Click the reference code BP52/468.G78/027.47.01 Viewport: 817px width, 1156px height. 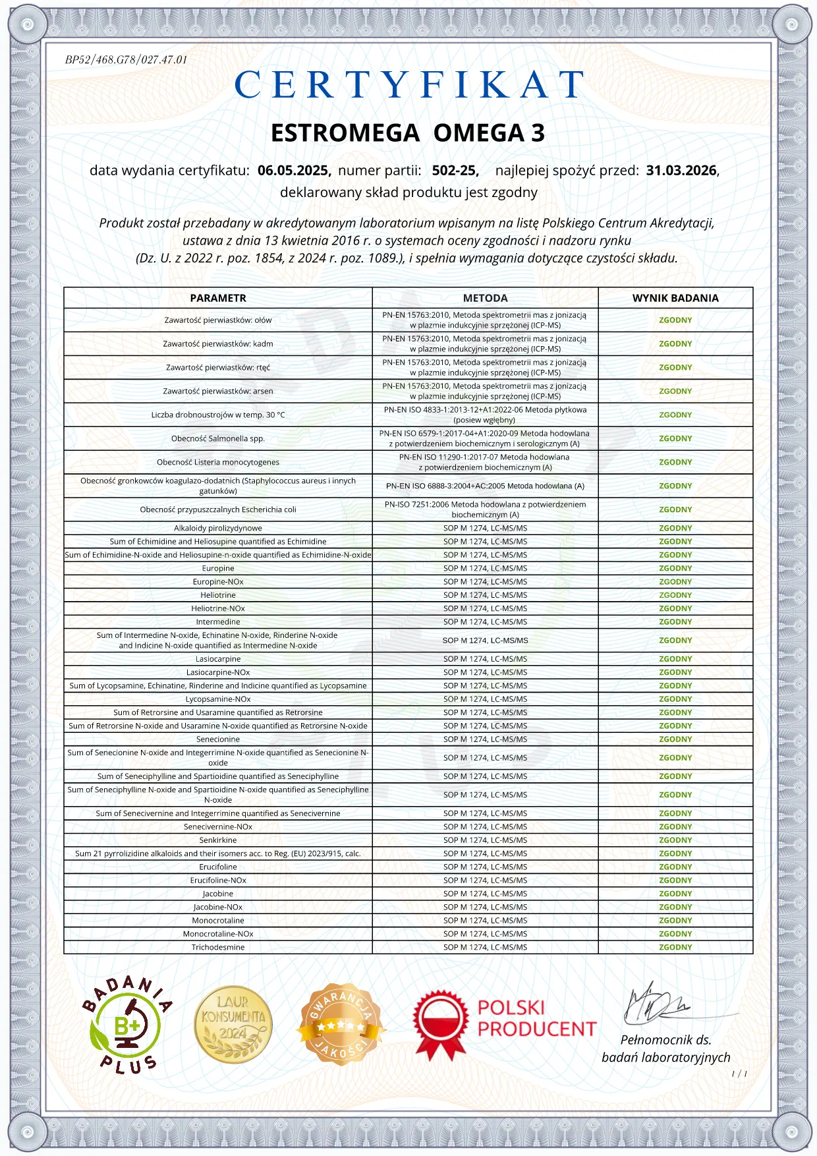[x=126, y=60]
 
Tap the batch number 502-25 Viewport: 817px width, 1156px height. [x=455, y=171]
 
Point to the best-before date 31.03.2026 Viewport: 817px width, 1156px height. [x=681, y=171]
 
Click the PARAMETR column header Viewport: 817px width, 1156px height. [x=218, y=298]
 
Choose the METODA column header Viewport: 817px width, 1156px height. [x=485, y=298]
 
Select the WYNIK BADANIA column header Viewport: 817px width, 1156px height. [x=675, y=298]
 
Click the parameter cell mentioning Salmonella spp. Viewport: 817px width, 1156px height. [x=218, y=438]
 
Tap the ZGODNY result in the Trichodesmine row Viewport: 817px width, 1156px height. [x=675, y=947]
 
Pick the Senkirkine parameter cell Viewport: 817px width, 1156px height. [x=218, y=840]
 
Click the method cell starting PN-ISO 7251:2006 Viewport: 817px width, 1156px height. [x=485, y=509]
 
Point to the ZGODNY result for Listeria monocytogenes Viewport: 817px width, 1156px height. [x=675, y=462]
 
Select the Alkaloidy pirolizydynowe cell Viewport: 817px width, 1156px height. [x=218, y=528]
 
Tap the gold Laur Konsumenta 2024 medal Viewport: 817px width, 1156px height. [x=233, y=1025]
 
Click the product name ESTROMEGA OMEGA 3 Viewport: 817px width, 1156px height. [x=408, y=133]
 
